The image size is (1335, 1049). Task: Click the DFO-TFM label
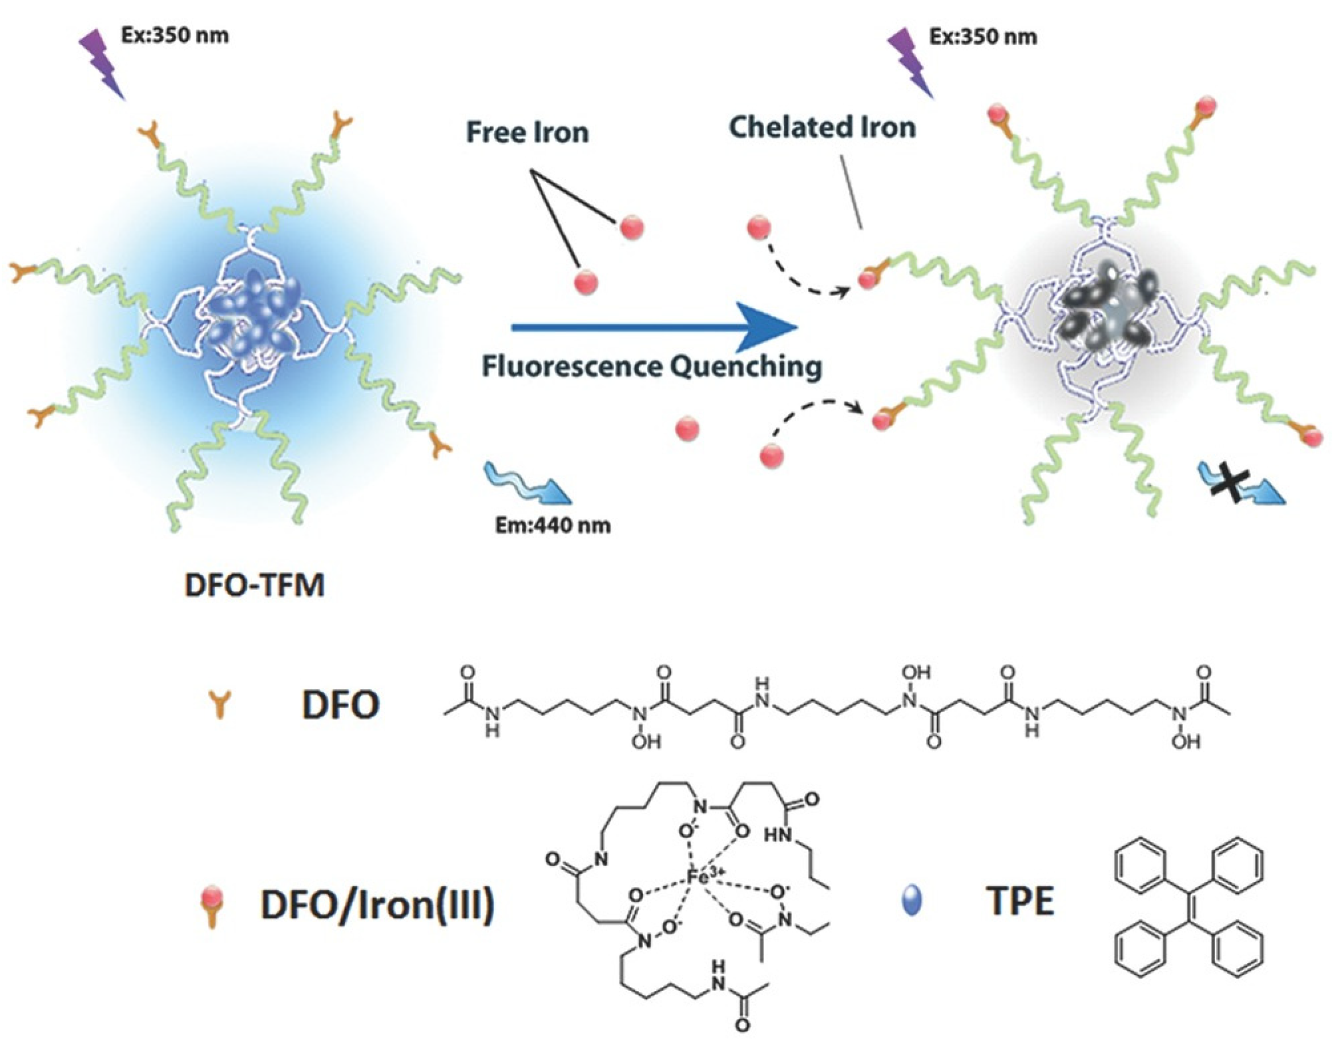[254, 585]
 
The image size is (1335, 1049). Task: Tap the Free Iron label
[527, 132]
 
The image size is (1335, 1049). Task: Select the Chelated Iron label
[823, 128]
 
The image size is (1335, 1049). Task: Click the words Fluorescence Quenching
[651, 367]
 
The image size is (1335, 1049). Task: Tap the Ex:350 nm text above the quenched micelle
[983, 36]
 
